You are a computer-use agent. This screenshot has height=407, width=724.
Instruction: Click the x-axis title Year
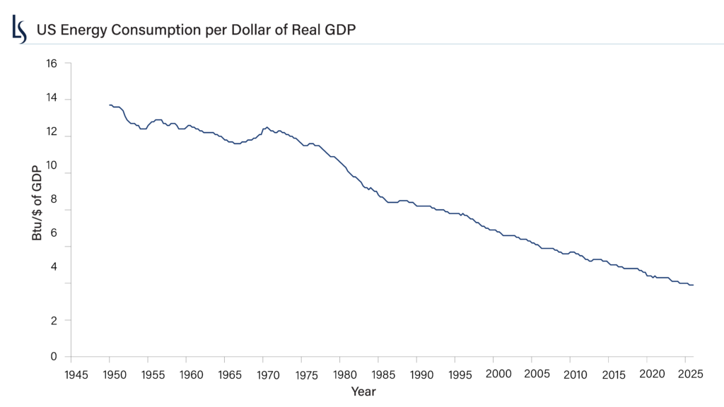pyautogui.click(x=363, y=390)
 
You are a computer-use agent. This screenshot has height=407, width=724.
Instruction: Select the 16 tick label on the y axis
pyautogui.click(x=52, y=62)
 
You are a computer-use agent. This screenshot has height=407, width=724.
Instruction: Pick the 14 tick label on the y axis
pyautogui.click(x=52, y=99)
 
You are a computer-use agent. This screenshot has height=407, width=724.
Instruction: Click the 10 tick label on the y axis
pyautogui.click(x=52, y=173)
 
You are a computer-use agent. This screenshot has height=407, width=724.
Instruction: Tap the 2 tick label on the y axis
pyautogui.click(x=54, y=320)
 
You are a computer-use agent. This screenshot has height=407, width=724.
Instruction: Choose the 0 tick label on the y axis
pyautogui.click(x=54, y=357)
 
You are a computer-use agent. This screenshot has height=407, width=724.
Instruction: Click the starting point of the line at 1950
pyautogui.click(x=110, y=105)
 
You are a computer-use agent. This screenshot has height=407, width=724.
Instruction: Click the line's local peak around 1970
pyautogui.click(x=266, y=127)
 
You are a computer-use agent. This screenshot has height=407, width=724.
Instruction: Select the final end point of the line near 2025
pyautogui.click(x=693, y=285)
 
